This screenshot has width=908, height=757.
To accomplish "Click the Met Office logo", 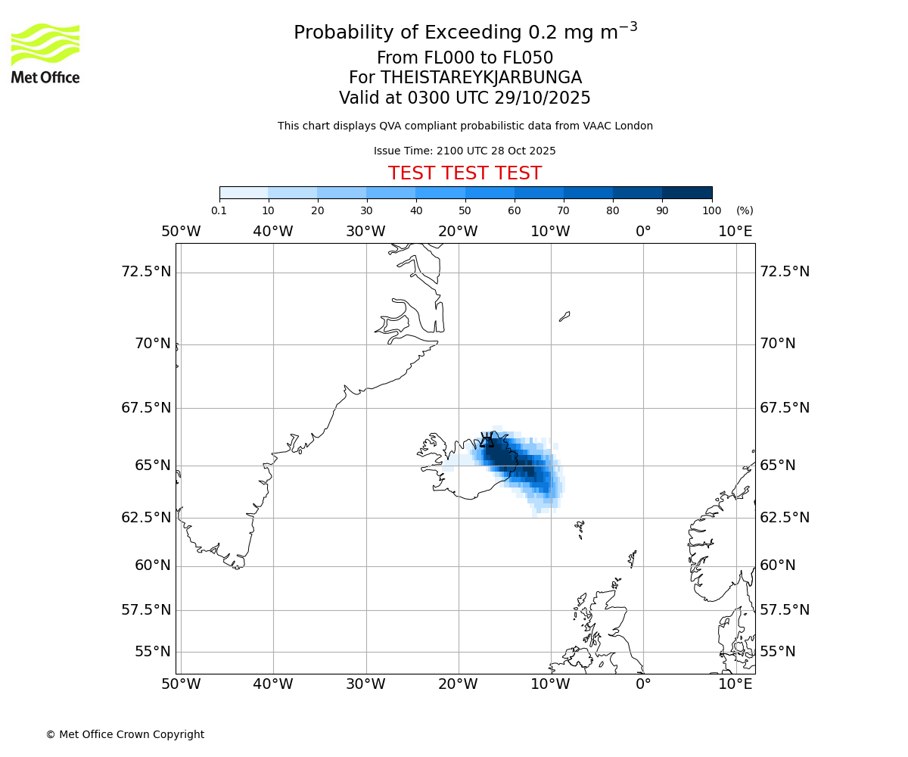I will (45, 53).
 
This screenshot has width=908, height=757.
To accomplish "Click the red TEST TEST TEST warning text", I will (465, 173).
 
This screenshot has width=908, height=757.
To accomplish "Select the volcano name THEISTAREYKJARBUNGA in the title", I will (481, 78).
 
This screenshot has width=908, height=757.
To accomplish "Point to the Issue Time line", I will (465, 151).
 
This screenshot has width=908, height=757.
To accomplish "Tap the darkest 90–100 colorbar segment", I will (687, 193).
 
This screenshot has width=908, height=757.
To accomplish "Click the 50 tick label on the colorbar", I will (465, 210).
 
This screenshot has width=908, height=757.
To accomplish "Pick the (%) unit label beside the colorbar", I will (745, 210).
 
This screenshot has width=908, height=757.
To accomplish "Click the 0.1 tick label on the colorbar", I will (219, 210).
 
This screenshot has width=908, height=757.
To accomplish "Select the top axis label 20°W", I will (458, 232).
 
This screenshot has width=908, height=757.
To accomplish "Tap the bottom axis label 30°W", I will (365, 684).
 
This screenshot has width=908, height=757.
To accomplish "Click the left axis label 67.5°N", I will (146, 407).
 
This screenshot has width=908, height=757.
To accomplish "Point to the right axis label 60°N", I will (778, 565).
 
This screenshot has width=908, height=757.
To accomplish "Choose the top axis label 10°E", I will (735, 232).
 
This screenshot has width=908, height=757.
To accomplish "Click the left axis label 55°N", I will (152, 651).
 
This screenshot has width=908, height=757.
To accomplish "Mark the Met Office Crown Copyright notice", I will (125, 734).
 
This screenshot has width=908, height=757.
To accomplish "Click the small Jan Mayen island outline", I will (564, 316).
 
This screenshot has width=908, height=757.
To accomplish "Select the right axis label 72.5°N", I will (785, 271).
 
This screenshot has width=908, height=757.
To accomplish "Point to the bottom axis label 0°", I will (643, 684).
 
